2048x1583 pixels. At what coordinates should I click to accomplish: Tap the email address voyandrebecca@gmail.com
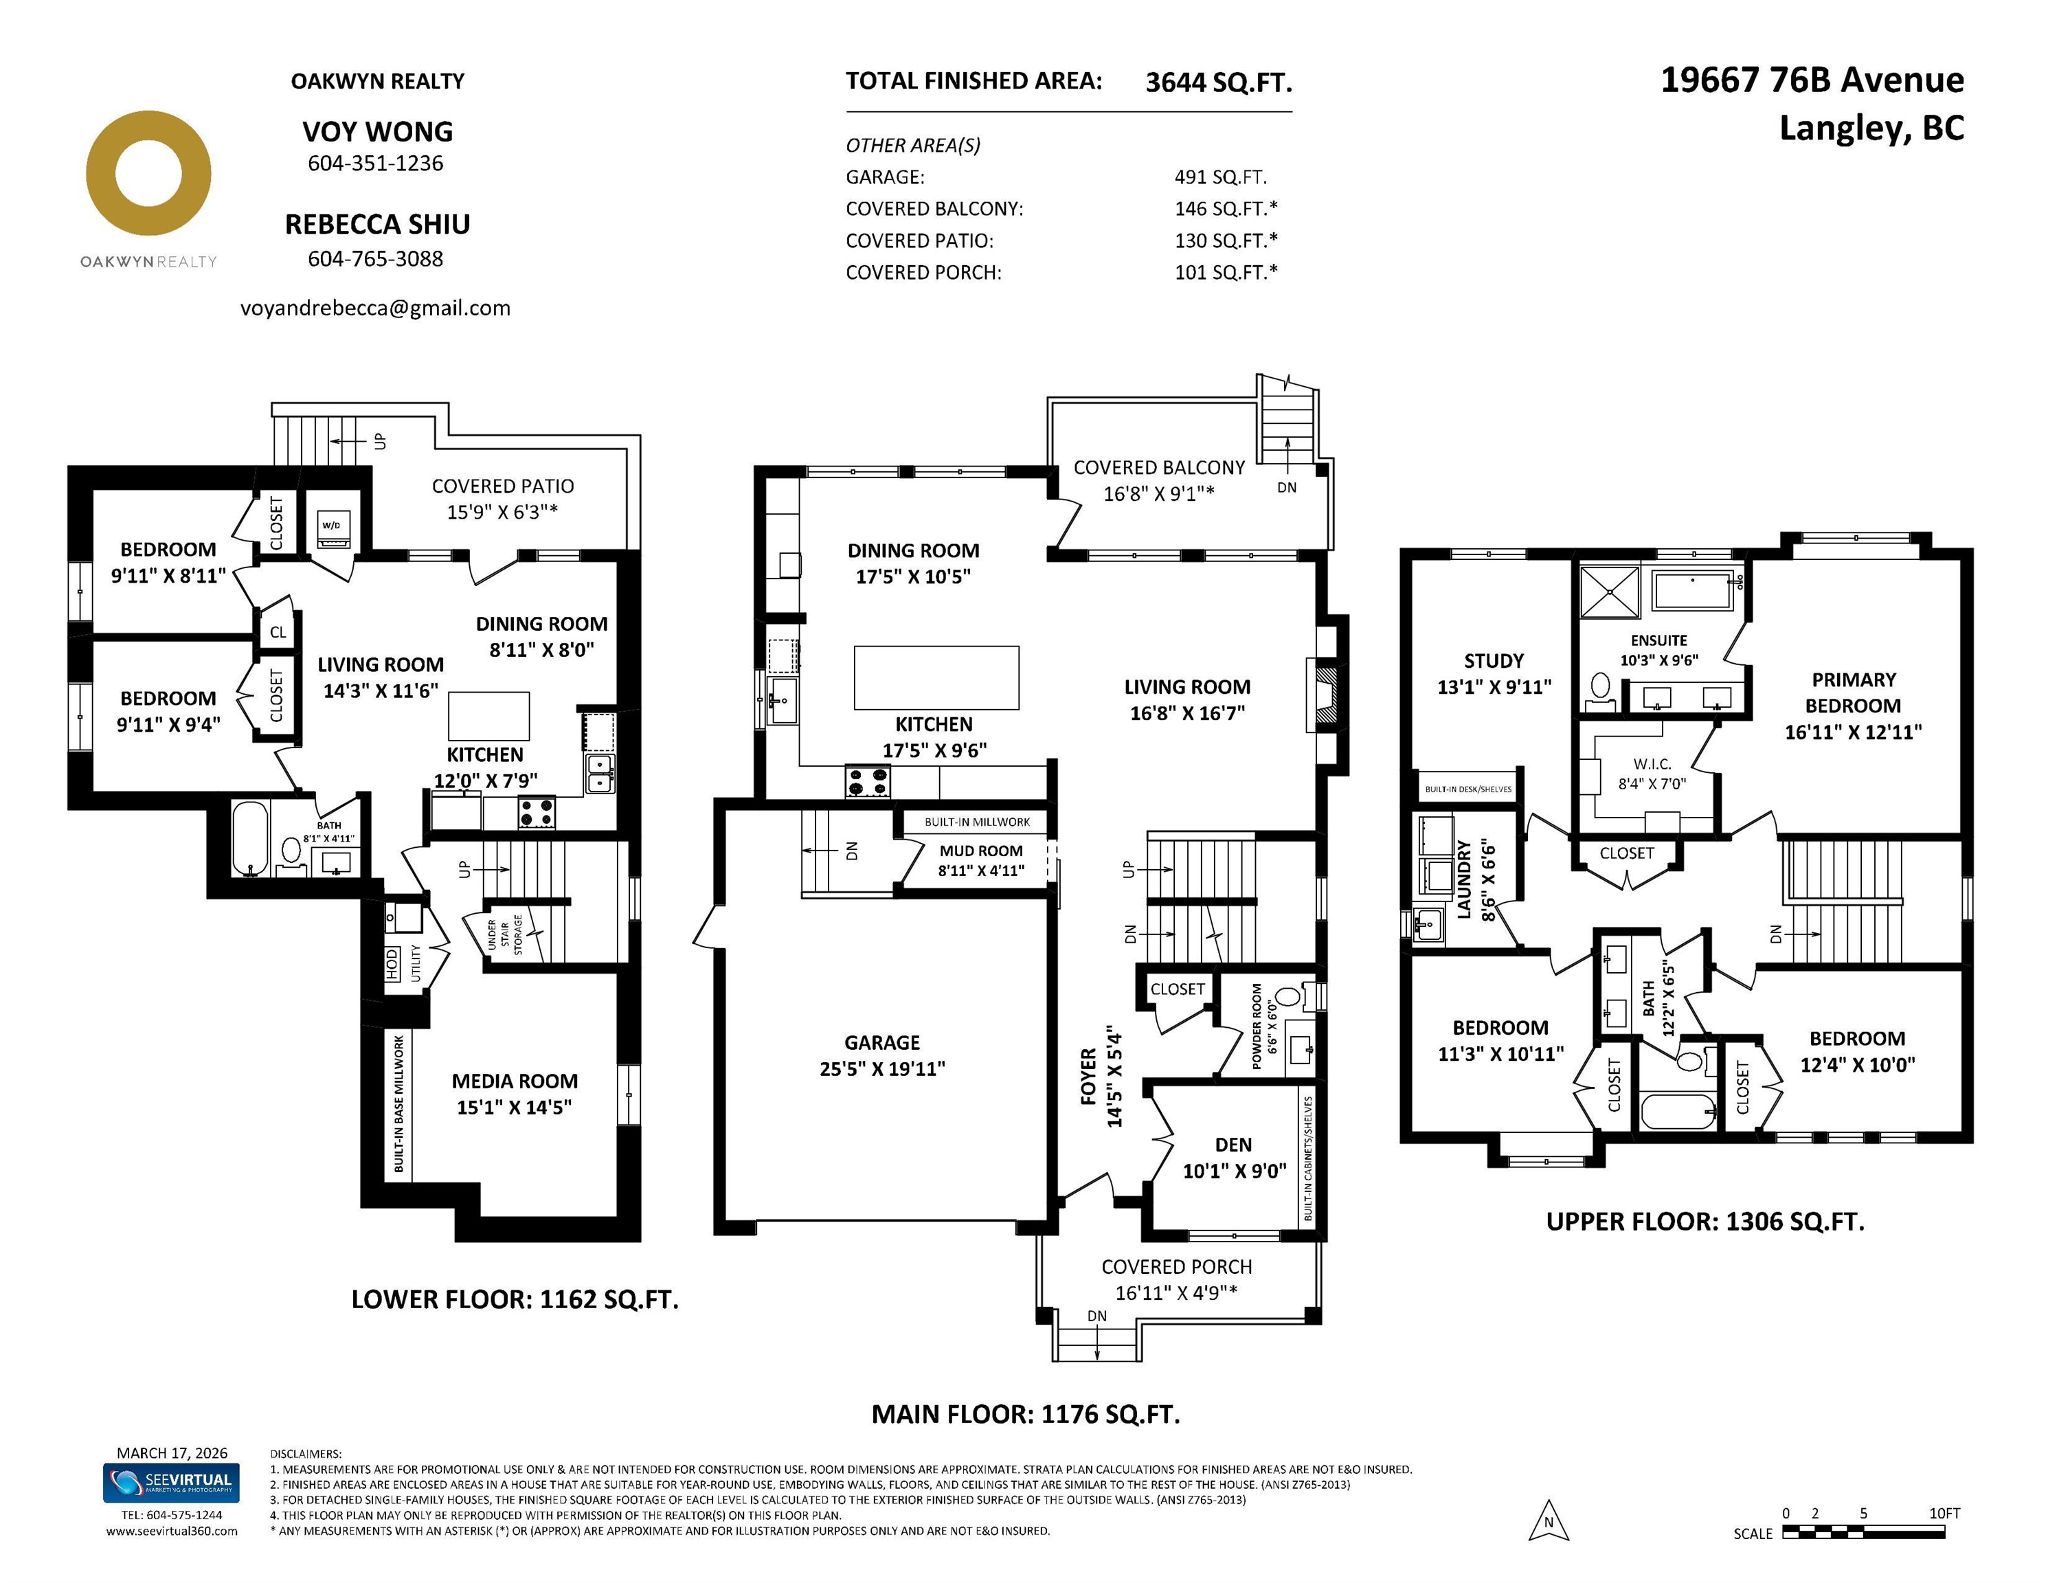point(375,308)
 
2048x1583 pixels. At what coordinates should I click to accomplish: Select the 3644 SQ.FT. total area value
point(1219,82)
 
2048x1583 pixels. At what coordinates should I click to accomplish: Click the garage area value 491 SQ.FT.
point(1220,177)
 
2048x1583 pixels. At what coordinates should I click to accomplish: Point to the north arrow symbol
point(1548,1520)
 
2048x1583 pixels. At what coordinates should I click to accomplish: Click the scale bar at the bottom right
point(1863,1532)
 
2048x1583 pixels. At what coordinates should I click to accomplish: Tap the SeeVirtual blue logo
point(170,1483)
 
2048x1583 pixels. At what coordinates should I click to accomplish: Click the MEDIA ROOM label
point(515,1081)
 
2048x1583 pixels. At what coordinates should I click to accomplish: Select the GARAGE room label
point(882,1043)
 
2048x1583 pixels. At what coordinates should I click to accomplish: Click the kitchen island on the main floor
point(936,677)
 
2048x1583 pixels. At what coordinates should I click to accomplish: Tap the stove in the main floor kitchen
point(868,782)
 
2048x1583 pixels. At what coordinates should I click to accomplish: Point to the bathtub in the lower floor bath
point(250,838)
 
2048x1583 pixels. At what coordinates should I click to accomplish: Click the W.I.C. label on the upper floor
point(1652,764)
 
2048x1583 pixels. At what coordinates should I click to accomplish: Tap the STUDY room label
point(1494,661)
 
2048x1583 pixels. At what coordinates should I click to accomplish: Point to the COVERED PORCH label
point(1177,1267)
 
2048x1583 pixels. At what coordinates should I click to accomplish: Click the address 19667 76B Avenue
point(1812,80)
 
